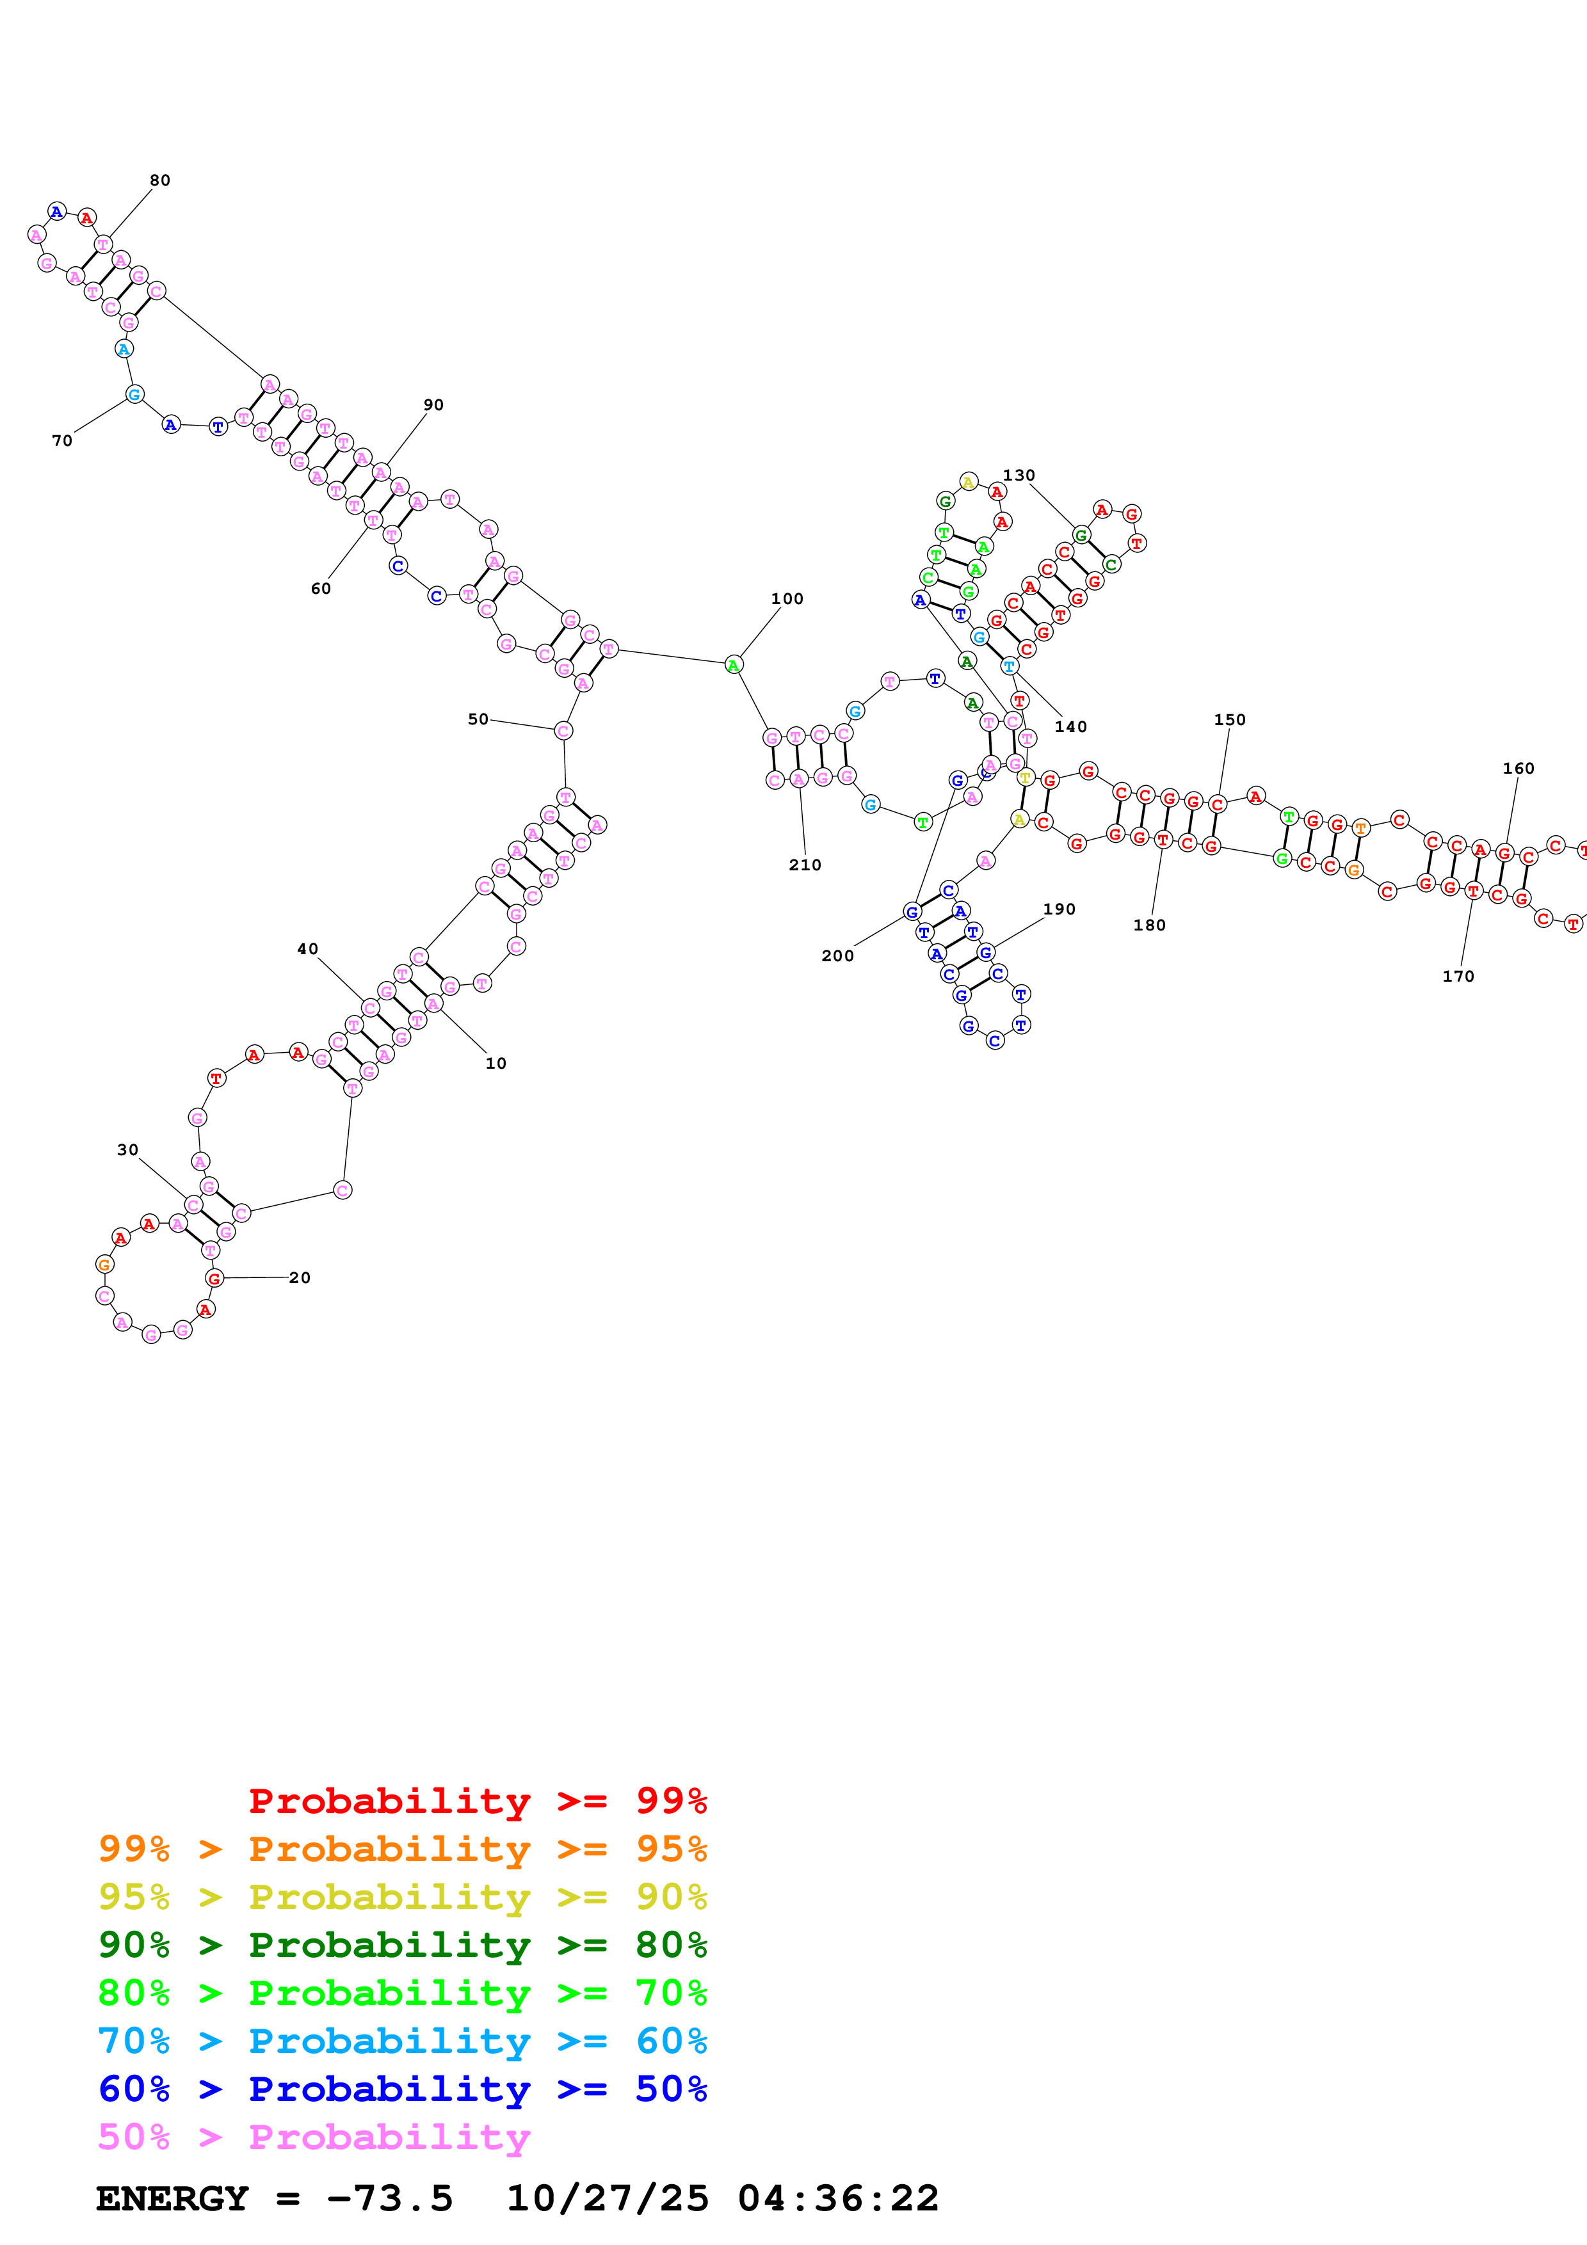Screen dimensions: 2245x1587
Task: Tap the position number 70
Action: pyautogui.click(x=61, y=441)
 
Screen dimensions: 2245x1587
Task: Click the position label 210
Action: pyautogui.click(x=805, y=865)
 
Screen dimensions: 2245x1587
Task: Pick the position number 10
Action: pyautogui.click(x=495, y=1064)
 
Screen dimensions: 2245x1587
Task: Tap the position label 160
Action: pyautogui.click(x=1518, y=769)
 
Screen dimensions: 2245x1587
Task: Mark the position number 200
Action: pyautogui.click(x=837, y=956)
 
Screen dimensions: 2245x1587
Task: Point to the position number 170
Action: pyautogui.click(x=1457, y=977)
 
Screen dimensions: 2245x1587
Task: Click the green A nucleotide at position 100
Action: pyautogui.click(x=734, y=666)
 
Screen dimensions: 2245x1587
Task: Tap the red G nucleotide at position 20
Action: pyautogui.click(x=215, y=1279)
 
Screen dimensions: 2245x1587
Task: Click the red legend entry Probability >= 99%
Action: pyautogui.click(x=477, y=1801)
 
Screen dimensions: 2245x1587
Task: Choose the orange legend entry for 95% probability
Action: pyautogui.click(x=402, y=1849)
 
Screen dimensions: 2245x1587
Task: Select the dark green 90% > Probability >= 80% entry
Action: pyautogui.click(x=402, y=1945)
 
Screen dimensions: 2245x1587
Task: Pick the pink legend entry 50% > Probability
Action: pyautogui.click(x=314, y=2137)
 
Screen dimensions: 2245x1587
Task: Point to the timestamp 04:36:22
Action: pyautogui.click(x=838, y=2199)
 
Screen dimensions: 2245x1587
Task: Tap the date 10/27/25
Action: pyautogui.click(x=608, y=2199)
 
